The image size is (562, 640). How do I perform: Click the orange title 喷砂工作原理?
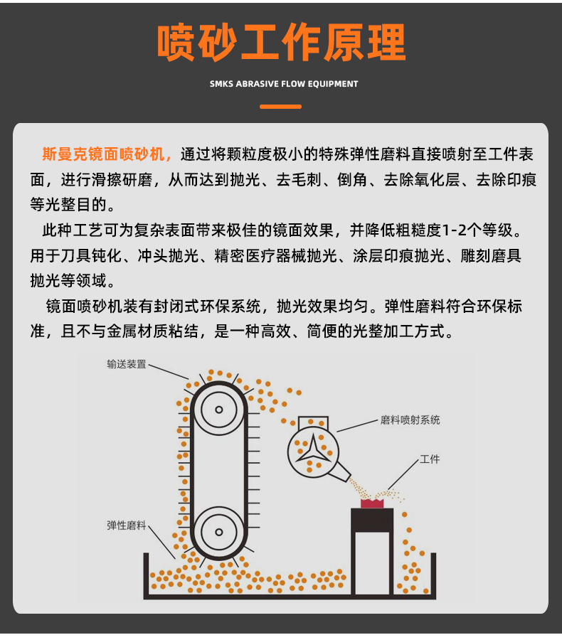tap(282, 43)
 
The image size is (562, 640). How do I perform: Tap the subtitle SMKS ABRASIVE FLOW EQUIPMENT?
tap(284, 84)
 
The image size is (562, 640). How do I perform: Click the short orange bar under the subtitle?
tap(280, 107)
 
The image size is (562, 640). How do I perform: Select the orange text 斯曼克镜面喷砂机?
tap(103, 154)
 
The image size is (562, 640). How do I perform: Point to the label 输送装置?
tap(126, 363)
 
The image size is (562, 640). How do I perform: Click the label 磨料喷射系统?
tap(410, 420)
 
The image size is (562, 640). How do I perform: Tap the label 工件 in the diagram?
tap(430, 459)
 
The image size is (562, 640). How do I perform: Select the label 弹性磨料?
tap(126, 526)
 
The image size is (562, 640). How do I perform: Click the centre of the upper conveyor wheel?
tap(219, 410)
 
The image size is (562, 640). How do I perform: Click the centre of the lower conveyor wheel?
tap(219, 532)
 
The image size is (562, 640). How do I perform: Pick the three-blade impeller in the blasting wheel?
tap(313, 451)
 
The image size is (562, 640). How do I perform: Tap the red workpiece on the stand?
tap(372, 503)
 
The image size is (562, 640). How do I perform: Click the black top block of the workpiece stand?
tap(372, 520)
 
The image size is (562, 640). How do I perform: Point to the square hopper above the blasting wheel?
tap(313, 422)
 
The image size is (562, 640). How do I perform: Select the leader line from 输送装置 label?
tap(169, 372)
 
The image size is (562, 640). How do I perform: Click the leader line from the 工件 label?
tap(403, 474)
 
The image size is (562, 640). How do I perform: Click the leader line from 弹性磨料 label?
tap(161, 542)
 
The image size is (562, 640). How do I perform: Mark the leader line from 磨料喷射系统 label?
tap(357, 425)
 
